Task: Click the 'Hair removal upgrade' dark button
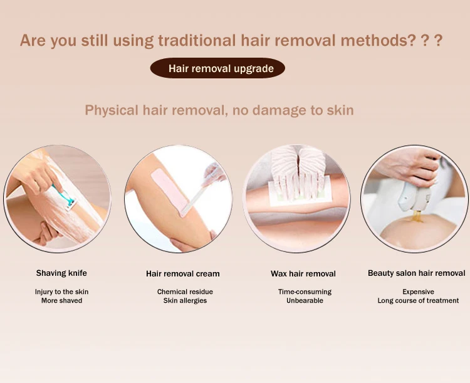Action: click(x=217, y=68)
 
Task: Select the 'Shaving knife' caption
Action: click(x=61, y=273)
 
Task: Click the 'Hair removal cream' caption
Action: click(x=183, y=274)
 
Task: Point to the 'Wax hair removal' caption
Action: click(x=303, y=274)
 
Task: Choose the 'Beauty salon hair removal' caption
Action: click(x=417, y=273)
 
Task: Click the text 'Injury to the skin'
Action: click(x=61, y=292)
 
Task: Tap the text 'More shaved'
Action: click(x=61, y=301)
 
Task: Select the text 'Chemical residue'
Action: click(x=185, y=292)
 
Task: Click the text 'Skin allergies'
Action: click(x=185, y=301)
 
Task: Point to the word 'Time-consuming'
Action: click(x=305, y=292)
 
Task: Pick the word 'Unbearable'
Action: click(x=305, y=301)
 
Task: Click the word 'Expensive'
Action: click(x=418, y=292)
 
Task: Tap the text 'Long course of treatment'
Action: click(x=418, y=301)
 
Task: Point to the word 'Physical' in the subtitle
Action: click(x=112, y=110)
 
